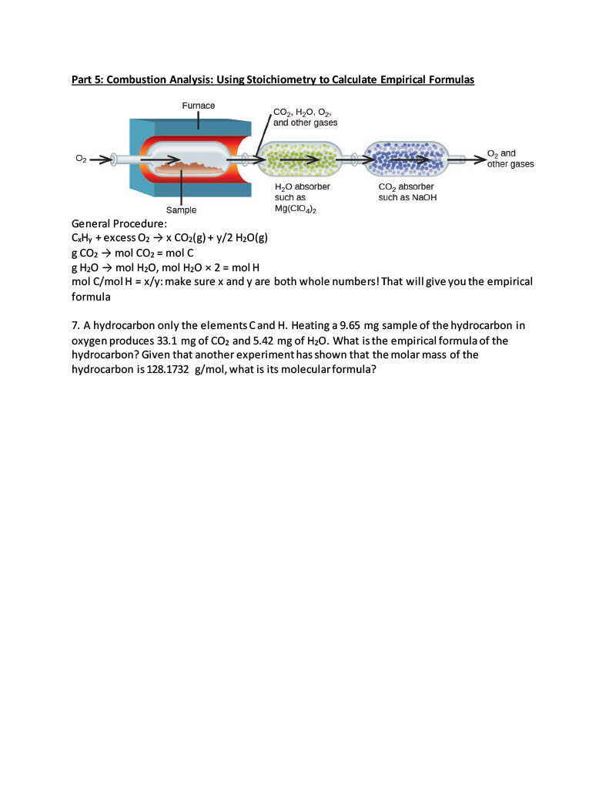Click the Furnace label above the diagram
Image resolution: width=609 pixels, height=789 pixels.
tap(199, 105)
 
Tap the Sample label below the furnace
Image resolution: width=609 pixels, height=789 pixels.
tap(182, 210)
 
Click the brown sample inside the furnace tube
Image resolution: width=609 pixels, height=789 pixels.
tap(186, 164)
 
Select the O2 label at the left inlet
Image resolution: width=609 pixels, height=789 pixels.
tap(81, 159)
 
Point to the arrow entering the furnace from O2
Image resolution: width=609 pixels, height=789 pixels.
tap(101, 159)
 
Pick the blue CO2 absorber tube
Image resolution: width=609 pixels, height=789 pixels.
tap(406, 159)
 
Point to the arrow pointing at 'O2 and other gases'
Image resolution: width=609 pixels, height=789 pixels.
tap(476, 159)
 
